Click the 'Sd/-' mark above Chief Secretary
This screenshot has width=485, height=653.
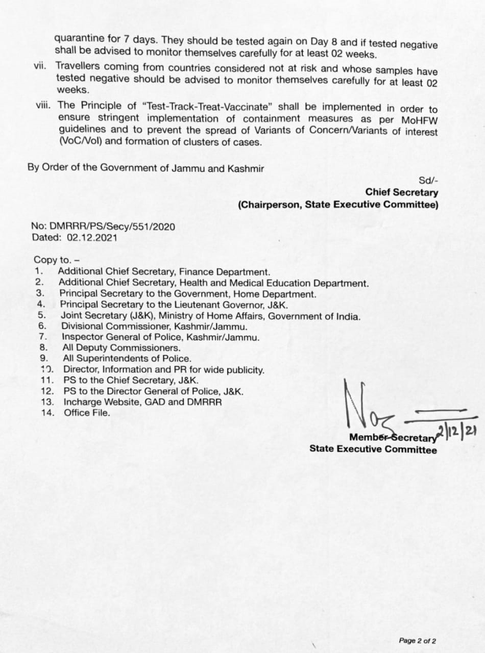(x=428, y=180)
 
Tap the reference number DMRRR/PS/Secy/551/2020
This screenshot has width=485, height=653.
(x=112, y=227)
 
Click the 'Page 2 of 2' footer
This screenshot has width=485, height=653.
(x=417, y=641)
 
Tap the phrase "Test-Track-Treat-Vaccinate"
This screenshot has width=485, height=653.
(x=210, y=107)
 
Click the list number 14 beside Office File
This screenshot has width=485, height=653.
(x=47, y=413)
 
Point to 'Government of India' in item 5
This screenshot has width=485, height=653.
(x=314, y=316)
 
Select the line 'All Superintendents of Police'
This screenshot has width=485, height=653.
(x=127, y=359)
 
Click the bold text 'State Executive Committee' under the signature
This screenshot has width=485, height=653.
(x=373, y=449)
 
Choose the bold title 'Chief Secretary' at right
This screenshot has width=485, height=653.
(x=401, y=192)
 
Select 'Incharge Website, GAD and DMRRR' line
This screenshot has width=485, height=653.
(x=142, y=402)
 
